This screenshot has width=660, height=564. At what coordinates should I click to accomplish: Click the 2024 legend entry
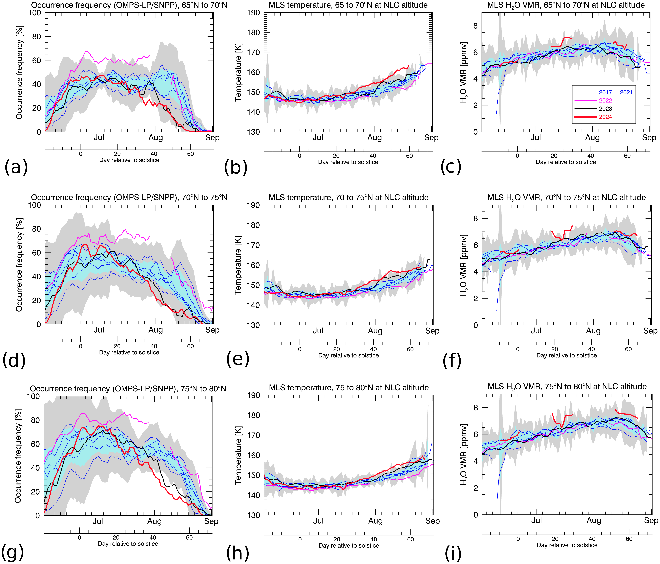[x=605, y=117]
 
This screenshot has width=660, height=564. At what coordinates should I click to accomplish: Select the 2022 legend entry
[x=605, y=100]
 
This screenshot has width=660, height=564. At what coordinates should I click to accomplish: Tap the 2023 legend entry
[x=605, y=109]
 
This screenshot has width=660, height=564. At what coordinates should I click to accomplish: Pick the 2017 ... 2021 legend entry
[x=615, y=92]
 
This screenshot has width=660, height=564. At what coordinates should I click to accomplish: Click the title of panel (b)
[x=348, y=5]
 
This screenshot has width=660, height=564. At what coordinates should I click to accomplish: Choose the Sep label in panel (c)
[x=649, y=138]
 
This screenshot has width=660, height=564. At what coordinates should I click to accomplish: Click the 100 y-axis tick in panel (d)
[x=34, y=205]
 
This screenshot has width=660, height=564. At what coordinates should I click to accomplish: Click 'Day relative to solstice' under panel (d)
[x=129, y=352]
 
